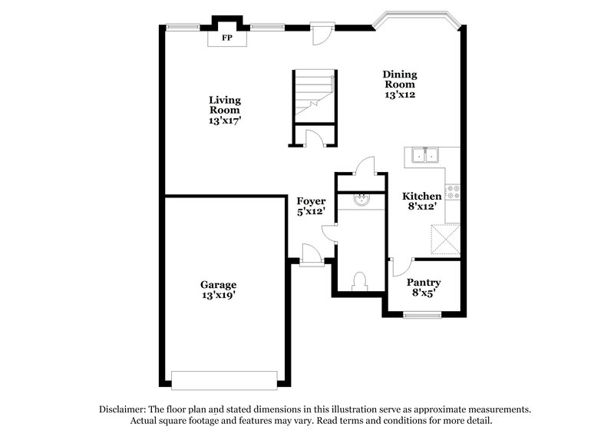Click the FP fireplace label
pos(226,37)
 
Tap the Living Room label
pos(226,110)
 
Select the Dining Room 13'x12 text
pos(400,84)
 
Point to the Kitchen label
pos(422,201)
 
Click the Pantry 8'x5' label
pos(424,287)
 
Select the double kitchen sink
pos(424,155)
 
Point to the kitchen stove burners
pos(452,192)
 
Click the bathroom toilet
pos(358,281)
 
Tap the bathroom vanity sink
pos(360,201)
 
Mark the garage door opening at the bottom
pos(224,379)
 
